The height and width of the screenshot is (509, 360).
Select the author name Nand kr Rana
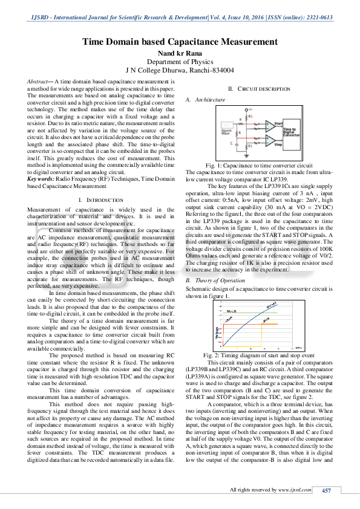180,53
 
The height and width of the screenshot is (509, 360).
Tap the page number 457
326,490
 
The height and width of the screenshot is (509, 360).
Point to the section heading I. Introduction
93,199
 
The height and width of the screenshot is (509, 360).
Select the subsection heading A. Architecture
205,99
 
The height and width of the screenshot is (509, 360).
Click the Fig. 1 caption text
259,165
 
